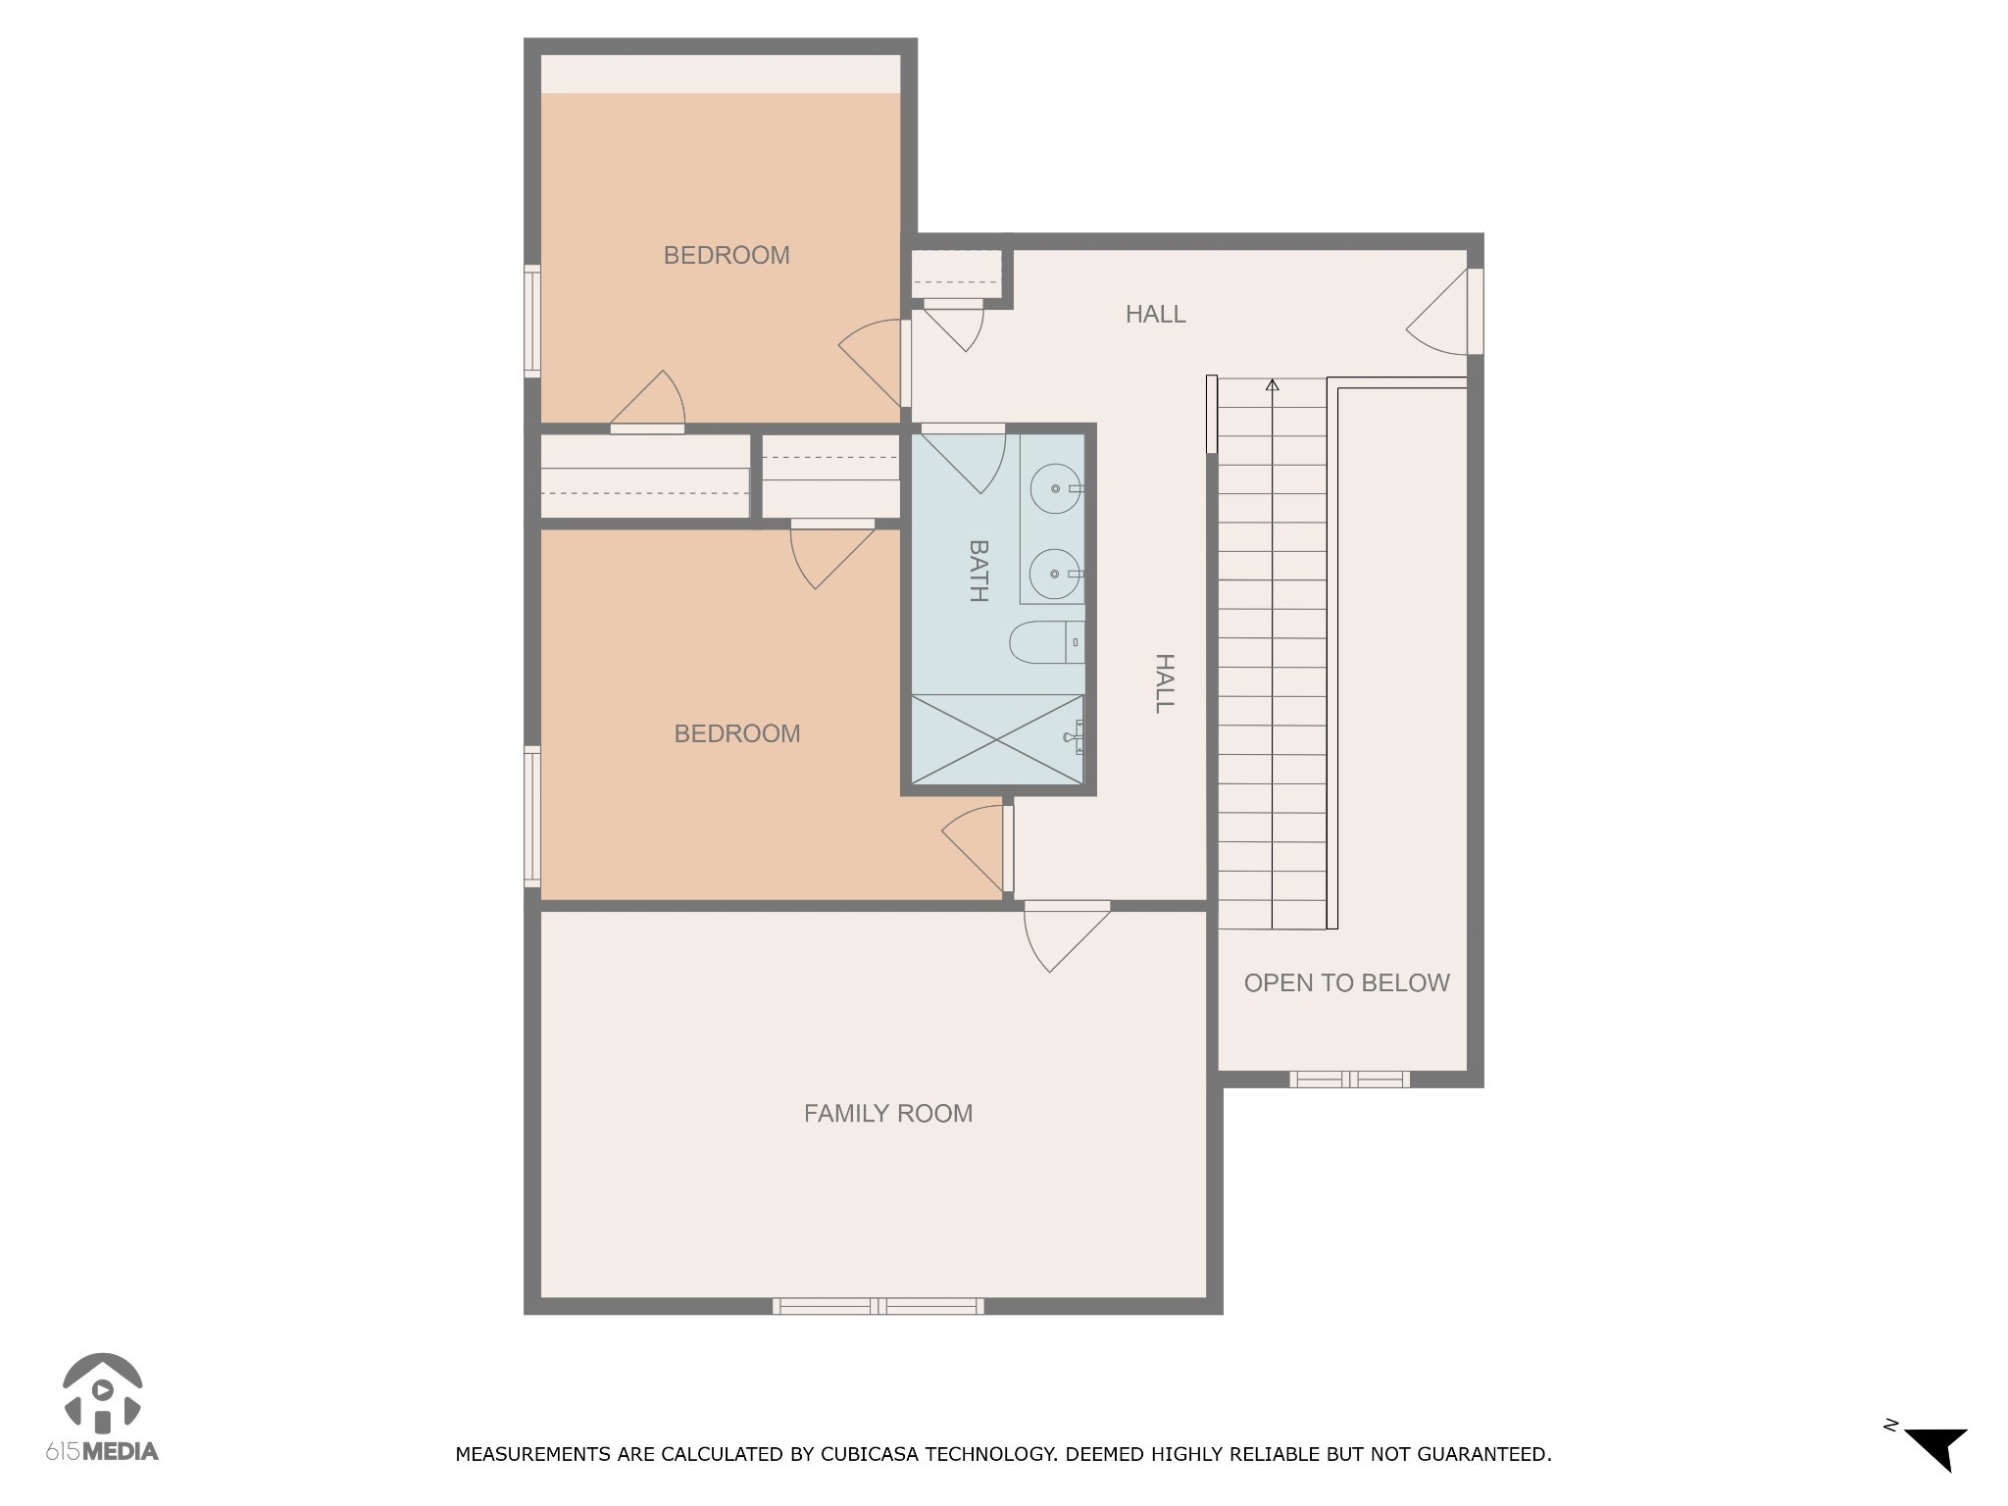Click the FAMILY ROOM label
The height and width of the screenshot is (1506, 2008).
pyautogui.click(x=887, y=1113)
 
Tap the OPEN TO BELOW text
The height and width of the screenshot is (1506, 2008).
pyautogui.click(x=1346, y=982)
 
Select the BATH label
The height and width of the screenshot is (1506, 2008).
pyautogui.click(x=978, y=570)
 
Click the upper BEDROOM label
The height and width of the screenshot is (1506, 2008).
pyautogui.click(x=727, y=255)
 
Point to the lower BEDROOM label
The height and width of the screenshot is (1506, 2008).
pyautogui.click(x=737, y=733)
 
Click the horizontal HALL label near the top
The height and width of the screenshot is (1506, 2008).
pyautogui.click(x=1155, y=314)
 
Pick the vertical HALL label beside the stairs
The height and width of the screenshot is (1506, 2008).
pyautogui.click(x=1164, y=683)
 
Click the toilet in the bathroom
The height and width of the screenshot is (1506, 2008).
pyautogui.click(x=1044, y=642)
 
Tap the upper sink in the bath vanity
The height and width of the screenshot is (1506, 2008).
pyautogui.click(x=1055, y=487)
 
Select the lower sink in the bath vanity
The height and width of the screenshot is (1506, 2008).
pyautogui.click(x=1055, y=574)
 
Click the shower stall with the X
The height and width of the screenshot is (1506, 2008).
pyautogui.click(x=997, y=739)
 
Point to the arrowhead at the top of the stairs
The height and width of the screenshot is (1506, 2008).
pyautogui.click(x=1272, y=385)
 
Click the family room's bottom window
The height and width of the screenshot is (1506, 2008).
pyautogui.click(x=878, y=1305)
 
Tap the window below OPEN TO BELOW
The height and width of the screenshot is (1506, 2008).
pyautogui.click(x=1349, y=1079)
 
